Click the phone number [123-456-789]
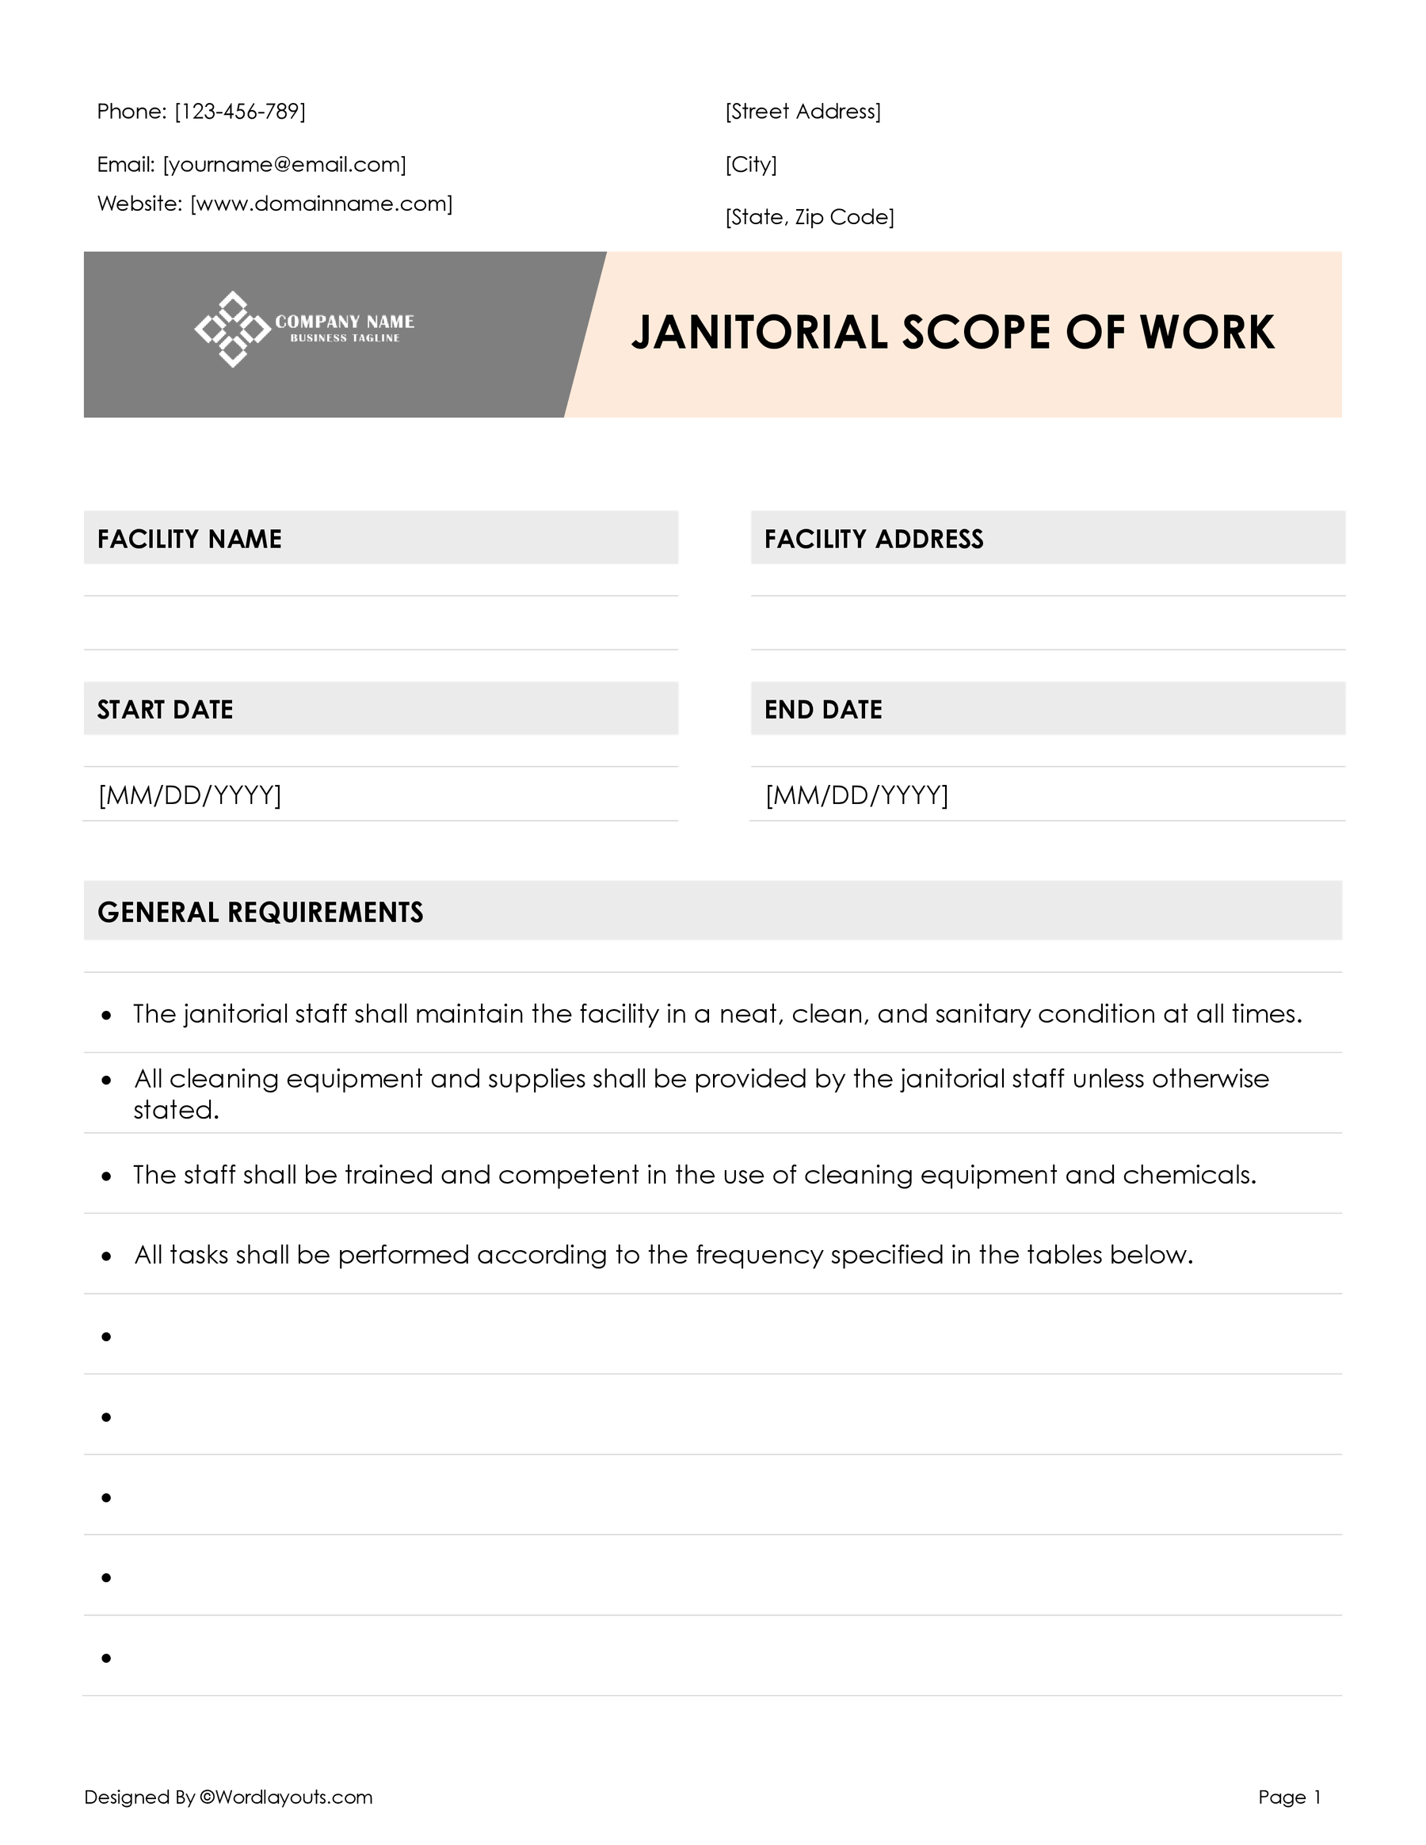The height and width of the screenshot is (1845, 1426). [240, 112]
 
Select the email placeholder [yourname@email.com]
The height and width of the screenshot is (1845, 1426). [284, 165]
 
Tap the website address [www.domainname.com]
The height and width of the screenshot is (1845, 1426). [321, 204]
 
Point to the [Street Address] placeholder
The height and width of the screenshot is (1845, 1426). [803, 112]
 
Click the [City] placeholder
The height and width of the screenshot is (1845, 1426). [751, 165]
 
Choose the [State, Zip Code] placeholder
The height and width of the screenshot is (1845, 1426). [810, 217]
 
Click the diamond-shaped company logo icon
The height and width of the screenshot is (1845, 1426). [232, 330]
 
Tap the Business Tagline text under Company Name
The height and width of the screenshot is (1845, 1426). [345, 338]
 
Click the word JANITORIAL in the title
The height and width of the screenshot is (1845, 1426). [760, 332]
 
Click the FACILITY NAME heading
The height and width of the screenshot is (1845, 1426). [189, 539]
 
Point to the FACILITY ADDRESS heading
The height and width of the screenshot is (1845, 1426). [874, 539]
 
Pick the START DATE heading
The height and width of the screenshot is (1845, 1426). [165, 710]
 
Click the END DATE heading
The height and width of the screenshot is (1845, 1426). [823, 710]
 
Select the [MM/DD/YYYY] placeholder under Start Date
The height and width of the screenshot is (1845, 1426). [189, 795]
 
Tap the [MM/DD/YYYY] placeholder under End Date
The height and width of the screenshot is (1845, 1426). [856, 795]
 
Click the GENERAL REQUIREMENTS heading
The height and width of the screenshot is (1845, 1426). [260, 913]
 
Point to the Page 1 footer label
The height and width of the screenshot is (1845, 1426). [1289, 1797]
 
